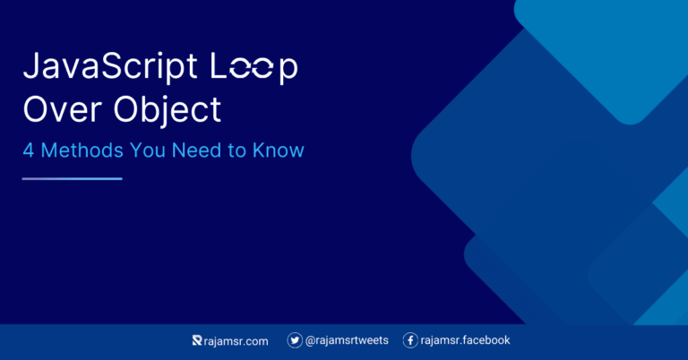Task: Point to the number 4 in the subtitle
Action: [x=28, y=150]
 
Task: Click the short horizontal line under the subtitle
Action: [x=72, y=178]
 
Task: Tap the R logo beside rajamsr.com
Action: [x=198, y=340]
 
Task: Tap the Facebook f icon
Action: [x=410, y=340]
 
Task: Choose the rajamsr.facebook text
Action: [x=466, y=340]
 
